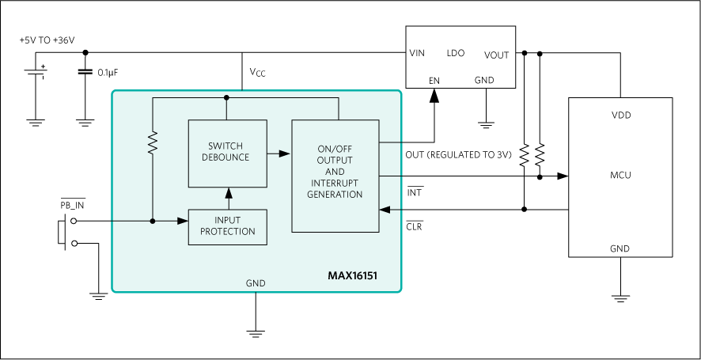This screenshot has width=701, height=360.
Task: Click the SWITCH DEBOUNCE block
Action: pos(227,153)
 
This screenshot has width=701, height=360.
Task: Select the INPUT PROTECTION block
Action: pos(227,226)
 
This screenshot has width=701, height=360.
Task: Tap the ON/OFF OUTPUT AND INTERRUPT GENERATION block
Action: pos(335,175)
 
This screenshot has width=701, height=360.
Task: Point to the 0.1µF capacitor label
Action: pos(108,73)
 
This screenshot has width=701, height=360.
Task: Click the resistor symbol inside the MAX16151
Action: pos(153,142)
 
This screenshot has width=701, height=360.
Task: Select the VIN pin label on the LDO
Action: pos(417,54)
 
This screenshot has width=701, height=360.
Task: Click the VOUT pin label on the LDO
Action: pos(496,55)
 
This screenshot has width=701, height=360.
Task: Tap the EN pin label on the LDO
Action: pos(434,80)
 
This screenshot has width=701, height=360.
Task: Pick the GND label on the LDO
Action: pos(484,80)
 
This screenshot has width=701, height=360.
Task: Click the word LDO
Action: pos(456,53)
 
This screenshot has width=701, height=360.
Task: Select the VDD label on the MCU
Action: pos(621,115)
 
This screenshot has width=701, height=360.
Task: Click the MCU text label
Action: pos(620,175)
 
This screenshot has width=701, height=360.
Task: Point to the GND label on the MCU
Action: pos(620,248)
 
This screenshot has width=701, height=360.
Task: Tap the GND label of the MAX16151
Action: pos(256,283)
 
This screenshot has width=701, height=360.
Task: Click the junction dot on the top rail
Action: pos(226,97)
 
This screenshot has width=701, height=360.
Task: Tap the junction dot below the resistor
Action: pos(153,221)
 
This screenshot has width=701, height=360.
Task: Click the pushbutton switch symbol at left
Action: pos(66,232)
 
